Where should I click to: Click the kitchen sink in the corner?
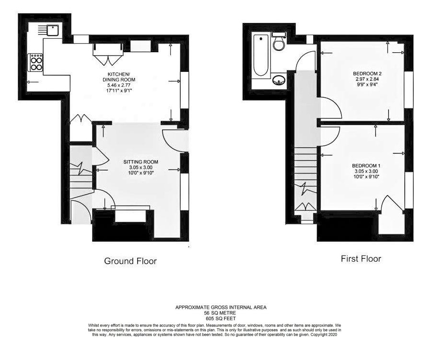coord(52,30)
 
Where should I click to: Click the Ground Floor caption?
coord(130,261)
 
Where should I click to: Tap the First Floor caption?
coord(361,259)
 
